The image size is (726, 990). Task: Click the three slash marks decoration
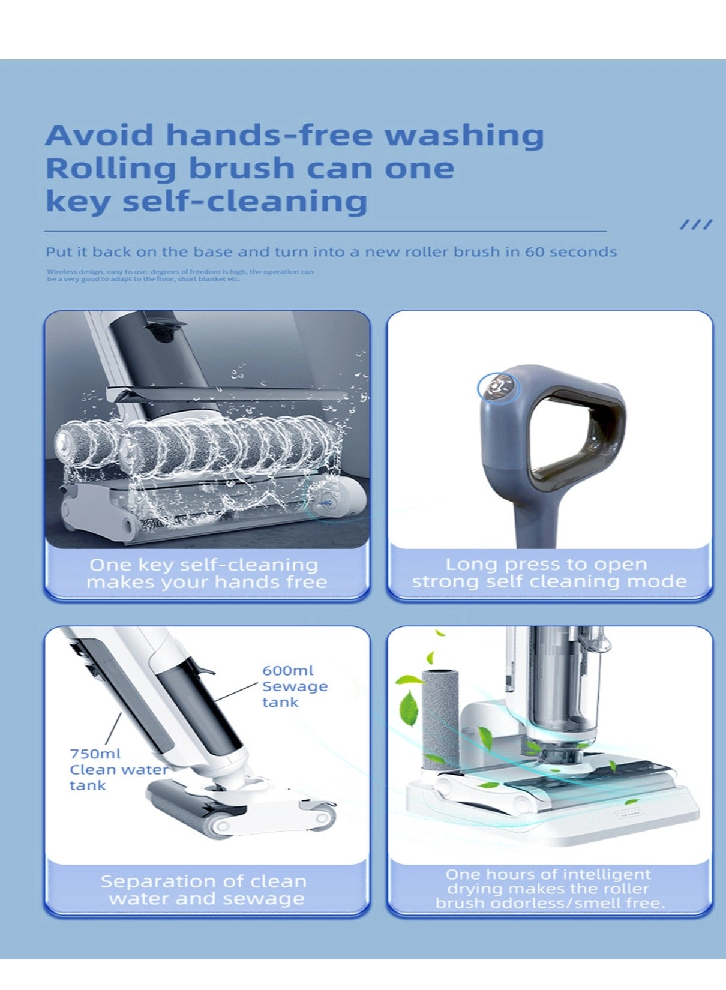pyautogui.click(x=696, y=224)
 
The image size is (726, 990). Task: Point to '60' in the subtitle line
pyautogui.click(x=535, y=251)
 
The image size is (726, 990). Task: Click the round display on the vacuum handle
pyautogui.click(x=497, y=388)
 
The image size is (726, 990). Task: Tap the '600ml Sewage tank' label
pyautogui.click(x=295, y=686)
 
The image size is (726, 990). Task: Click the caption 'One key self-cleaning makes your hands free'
pyautogui.click(x=206, y=574)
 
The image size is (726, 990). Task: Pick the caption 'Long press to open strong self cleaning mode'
pyautogui.click(x=548, y=573)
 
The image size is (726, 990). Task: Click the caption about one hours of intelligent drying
pyautogui.click(x=550, y=889)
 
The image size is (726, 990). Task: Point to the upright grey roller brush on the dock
pyautogui.click(x=440, y=720)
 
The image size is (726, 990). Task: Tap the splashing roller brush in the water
pyautogui.click(x=198, y=450)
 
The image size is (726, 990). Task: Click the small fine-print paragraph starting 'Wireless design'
pyautogui.click(x=180, y=275)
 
